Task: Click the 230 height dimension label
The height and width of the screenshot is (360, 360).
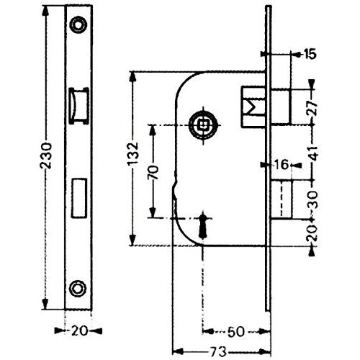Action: tap(46, 156)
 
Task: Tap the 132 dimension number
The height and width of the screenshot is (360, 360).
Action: tap(132, 153)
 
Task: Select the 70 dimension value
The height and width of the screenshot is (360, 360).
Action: tap(153, 173)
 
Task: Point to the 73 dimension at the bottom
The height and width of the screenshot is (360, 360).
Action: tap(219, 352)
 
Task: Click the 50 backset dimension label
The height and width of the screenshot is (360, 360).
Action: tap(235, 331)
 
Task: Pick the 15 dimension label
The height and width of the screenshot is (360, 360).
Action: tap(310, 54)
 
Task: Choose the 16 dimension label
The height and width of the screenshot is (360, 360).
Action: tap(282, 165)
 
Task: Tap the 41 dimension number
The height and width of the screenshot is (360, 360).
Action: tap(313, 153)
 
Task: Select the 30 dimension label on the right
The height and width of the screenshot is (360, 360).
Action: tap(312, 199)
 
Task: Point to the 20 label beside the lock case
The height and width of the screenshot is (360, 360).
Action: tap(312, 233)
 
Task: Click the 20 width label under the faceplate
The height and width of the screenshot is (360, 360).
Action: tap(79, 331)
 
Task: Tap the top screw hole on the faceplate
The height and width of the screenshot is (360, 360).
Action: tap(78, 24)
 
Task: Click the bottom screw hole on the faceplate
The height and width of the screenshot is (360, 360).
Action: tap(78, 288)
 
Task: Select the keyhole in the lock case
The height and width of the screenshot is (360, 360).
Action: tap(203, 225)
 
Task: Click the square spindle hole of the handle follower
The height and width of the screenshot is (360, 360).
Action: tap(204, 124)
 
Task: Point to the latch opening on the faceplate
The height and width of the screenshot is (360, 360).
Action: tap(78, 106)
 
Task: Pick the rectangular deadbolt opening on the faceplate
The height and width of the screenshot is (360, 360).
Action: tap(78, 198)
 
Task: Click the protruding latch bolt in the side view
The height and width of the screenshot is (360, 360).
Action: tap(280, 107)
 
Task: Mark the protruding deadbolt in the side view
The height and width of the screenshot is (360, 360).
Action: tap(282, 199)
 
